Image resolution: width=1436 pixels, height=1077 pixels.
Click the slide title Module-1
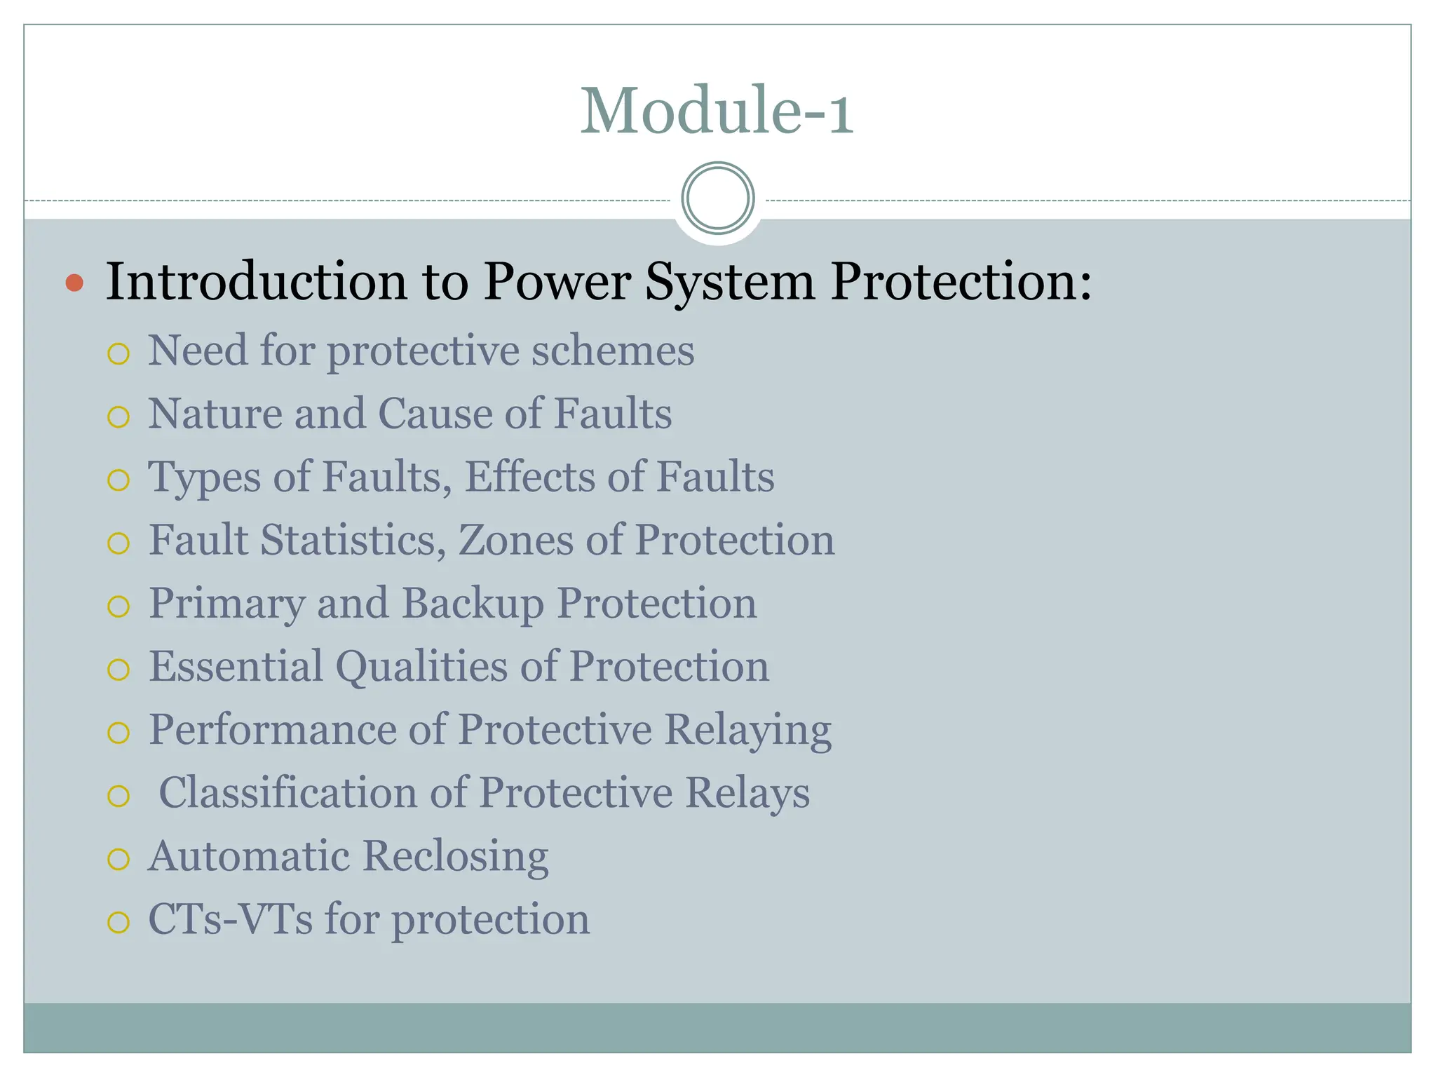click(717, 111)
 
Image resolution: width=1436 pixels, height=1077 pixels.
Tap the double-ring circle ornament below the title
click(718, 198)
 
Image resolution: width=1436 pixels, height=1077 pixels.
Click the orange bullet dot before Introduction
click(74, 283)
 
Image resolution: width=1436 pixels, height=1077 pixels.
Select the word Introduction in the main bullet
click(257, 282)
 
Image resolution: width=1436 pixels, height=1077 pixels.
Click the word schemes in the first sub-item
click(612, 350)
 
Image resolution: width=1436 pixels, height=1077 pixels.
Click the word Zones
click(515, 540)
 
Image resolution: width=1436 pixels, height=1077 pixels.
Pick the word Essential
click(236, 666)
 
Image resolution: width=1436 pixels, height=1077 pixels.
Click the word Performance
click(272, 730)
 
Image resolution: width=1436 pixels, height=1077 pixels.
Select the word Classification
click(287, 793)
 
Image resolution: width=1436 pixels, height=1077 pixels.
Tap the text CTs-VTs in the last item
click(230, 919)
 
